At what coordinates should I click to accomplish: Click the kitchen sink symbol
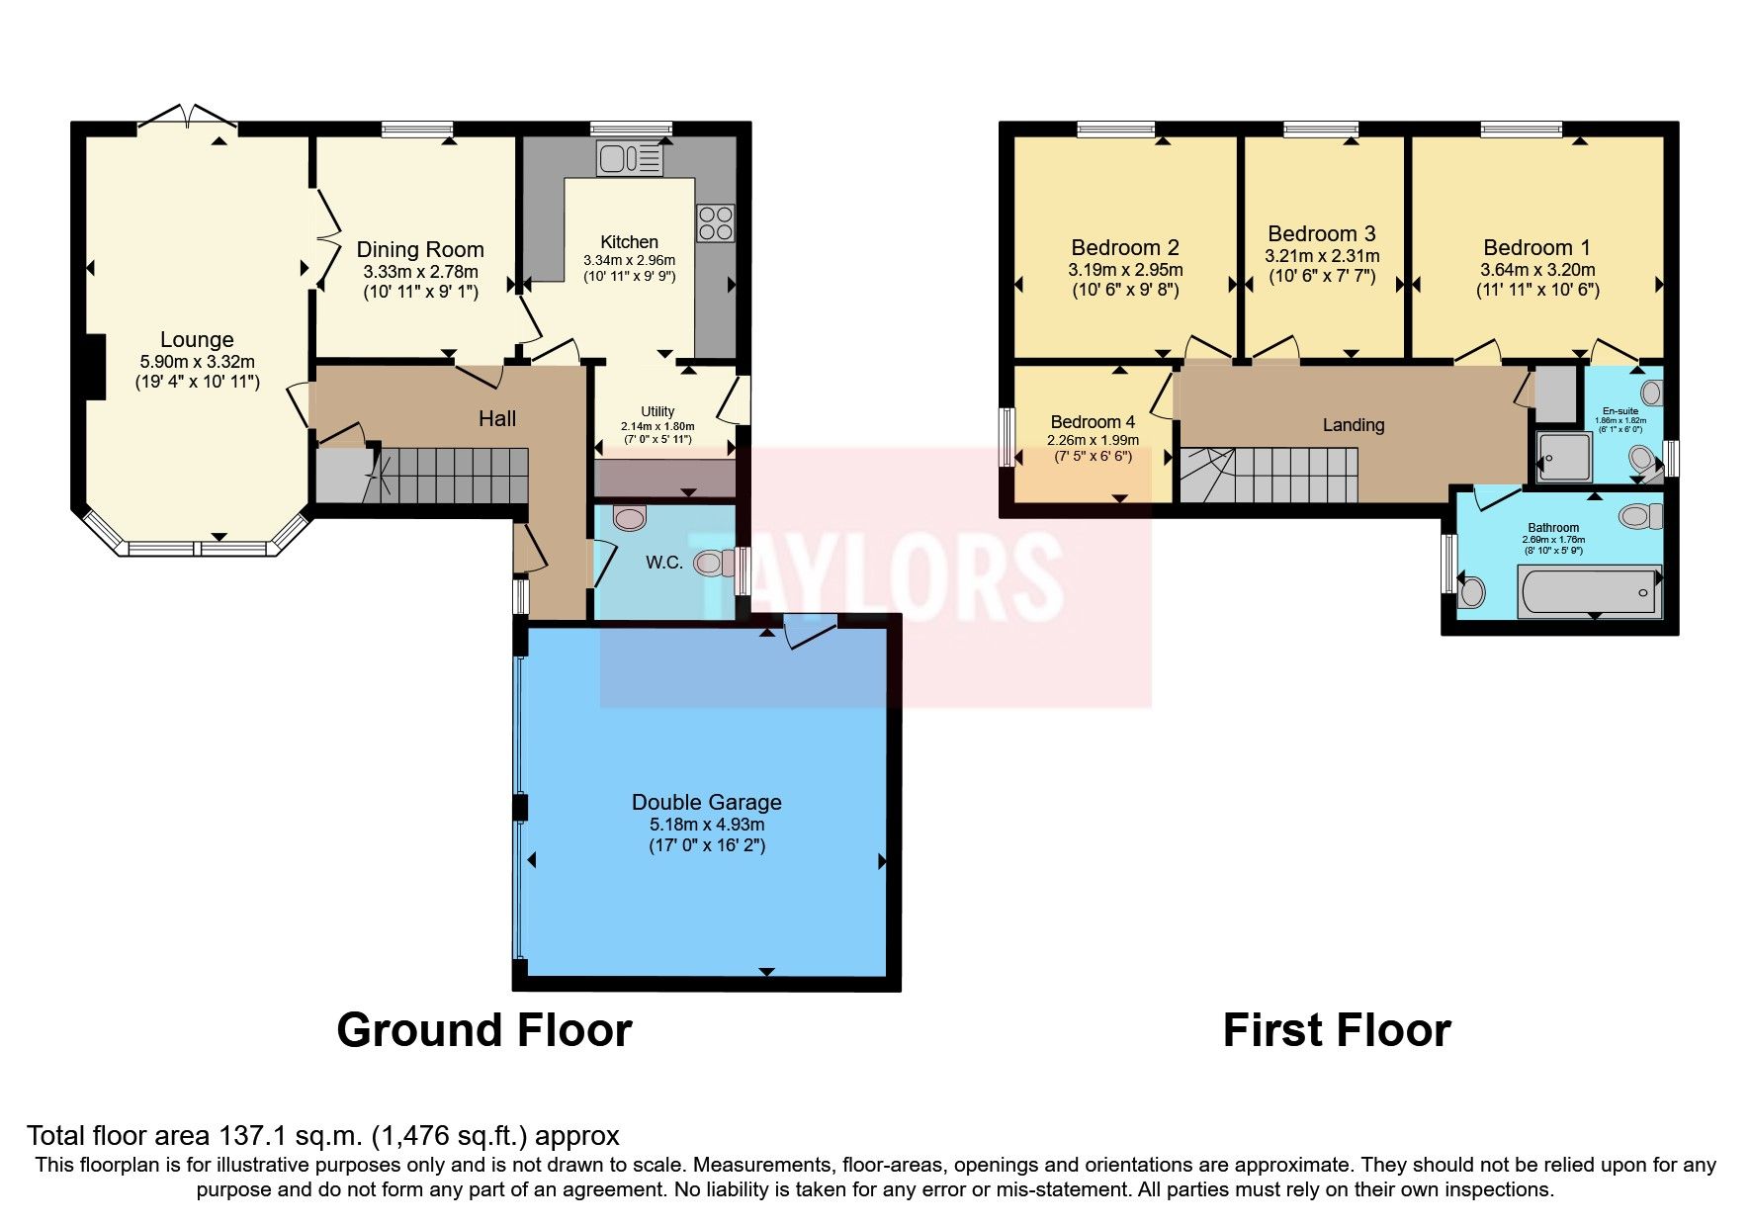click(630, 158)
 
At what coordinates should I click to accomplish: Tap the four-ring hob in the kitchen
click(715, 222)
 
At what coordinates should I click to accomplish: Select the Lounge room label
click(197, 340)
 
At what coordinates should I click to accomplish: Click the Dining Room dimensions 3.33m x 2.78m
click(420, 272)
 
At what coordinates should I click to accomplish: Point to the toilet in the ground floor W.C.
click(709, 564)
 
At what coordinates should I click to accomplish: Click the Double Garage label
click(706, 802)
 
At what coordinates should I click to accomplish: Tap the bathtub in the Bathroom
click(1588, 591)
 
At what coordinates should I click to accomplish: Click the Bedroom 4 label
click(1093, 422)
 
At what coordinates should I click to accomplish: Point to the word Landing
click(1353, 425)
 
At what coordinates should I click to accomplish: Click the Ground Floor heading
click(483, 1030)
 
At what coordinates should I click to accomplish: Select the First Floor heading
click(1336, 1030)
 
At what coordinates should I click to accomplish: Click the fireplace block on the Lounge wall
click(94, 367)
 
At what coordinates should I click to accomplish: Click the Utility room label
click(657, 411)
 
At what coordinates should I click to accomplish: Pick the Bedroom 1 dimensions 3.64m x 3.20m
click(1536, 270)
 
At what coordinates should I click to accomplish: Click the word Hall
click(497, 418)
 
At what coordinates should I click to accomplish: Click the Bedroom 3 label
click(1322, 234)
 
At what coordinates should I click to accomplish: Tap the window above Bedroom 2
click(1115, 129)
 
